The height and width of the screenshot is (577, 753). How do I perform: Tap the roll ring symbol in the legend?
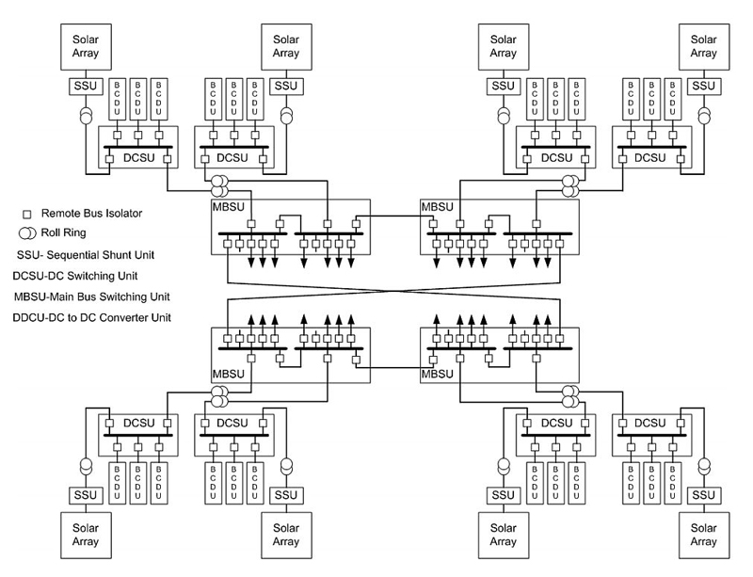point(26,234)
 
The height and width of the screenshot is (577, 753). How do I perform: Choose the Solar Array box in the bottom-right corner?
point(704,535)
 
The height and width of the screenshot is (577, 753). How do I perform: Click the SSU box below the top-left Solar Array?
point(80,87)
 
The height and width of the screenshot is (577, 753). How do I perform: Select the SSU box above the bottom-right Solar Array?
point(704,495)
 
